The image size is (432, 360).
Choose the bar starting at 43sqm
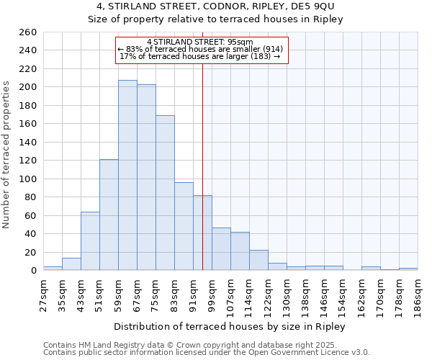[x=90, y=241]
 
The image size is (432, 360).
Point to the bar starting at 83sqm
[x=184, y=226]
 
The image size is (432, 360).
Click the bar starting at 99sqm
[x=221, y=249]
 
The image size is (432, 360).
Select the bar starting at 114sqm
[x=258, y=260]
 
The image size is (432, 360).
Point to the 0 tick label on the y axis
[x=33, y=270]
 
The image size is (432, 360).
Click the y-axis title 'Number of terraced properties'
[x=7, y=155]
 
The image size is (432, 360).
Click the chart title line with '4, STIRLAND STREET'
[x=215, y=6]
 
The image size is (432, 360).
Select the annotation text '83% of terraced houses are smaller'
[x=201, y=48]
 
